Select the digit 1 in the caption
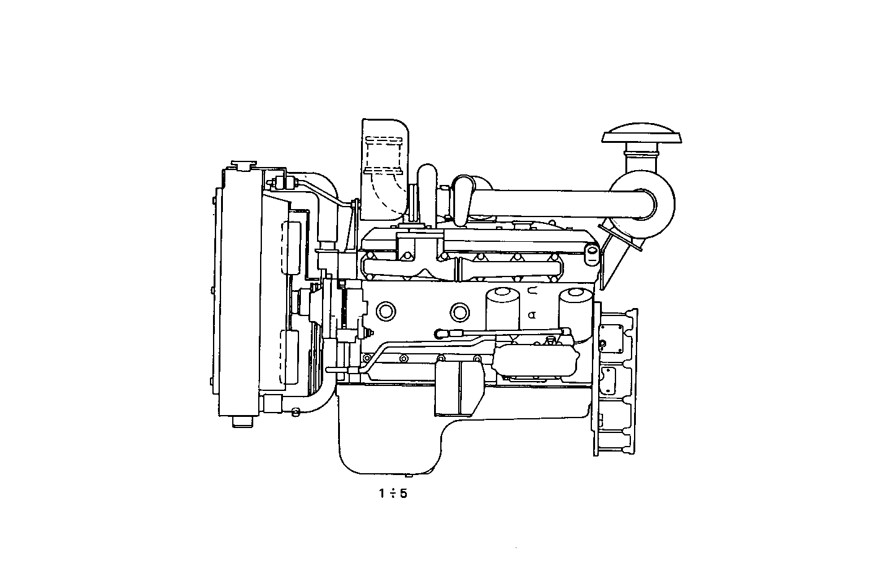click(383, 494)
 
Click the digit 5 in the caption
click(404, 494)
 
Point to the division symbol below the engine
click(393, 494)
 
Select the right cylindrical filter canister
click(576, 309)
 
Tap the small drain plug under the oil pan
click(409, 476)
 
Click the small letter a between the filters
click(531, 314)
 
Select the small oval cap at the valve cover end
click(592, 252)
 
